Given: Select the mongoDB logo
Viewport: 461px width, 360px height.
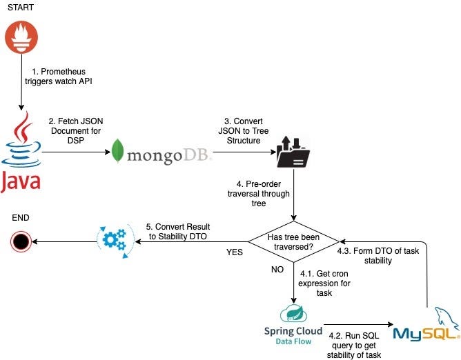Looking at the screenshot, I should click(x=163, y=150).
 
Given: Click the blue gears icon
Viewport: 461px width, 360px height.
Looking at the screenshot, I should click(x=114, y=239).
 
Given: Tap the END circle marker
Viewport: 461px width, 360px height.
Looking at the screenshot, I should click(x=21, y=240).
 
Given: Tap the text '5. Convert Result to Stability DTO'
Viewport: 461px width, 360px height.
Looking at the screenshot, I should click(x=179, y=232).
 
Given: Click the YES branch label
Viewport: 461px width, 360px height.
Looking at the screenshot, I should click(x=235, y=252).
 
